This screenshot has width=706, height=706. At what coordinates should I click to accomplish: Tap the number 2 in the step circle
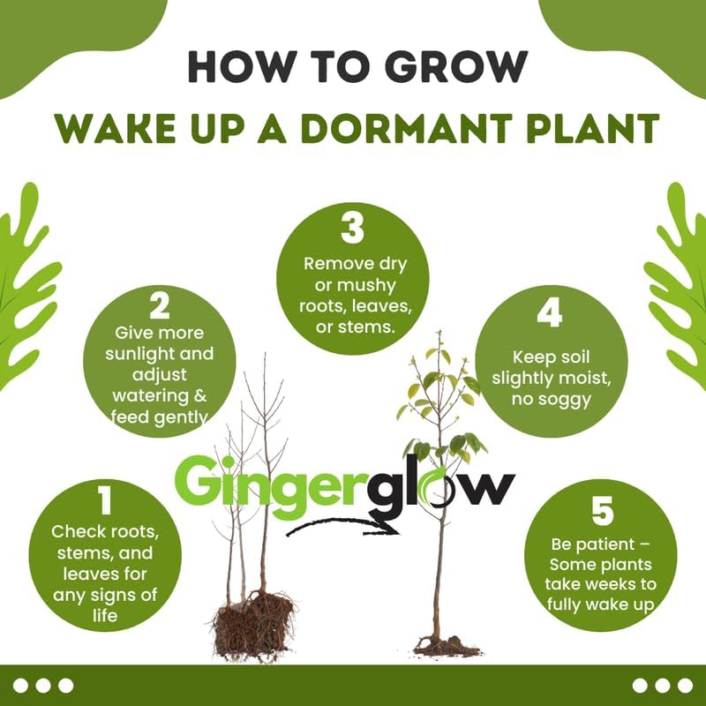160,306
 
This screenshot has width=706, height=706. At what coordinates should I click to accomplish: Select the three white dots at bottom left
43,685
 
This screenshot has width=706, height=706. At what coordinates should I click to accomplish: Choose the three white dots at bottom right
663,685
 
